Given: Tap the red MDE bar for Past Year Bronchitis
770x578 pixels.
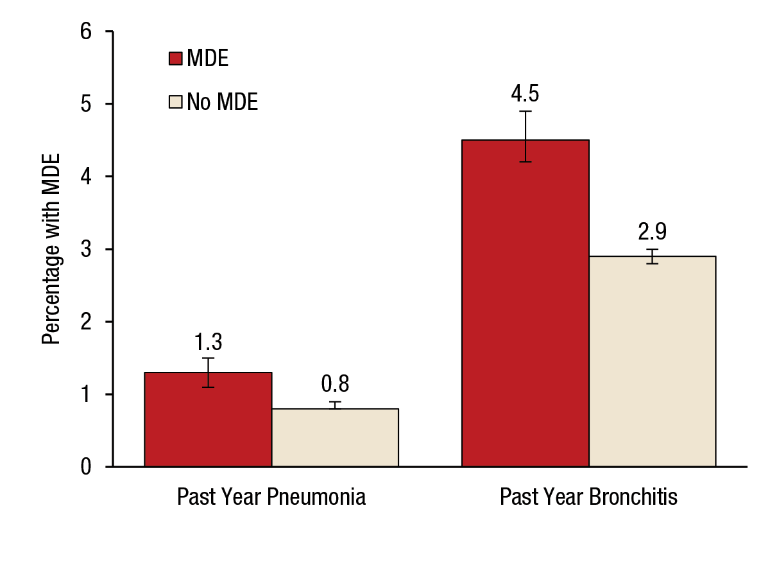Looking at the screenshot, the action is (526, 308).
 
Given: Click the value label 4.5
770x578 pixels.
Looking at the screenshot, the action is (525, 93).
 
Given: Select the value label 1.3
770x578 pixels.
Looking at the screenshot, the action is (208, 340).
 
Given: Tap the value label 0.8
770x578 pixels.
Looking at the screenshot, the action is (335, 384).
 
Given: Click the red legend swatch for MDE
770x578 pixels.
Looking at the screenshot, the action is (176, 59).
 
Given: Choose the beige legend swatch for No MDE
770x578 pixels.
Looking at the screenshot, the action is (176, 101).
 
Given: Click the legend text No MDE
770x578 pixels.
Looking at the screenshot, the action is (223, 101).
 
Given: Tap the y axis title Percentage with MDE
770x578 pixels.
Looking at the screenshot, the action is (51, 249).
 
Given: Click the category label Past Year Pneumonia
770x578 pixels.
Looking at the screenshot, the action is (271, 497).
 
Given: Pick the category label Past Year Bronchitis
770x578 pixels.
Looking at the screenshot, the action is (588, 497).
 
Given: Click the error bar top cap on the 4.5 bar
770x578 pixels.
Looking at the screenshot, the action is (526, 111).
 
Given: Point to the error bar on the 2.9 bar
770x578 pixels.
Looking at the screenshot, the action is (653, 256).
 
